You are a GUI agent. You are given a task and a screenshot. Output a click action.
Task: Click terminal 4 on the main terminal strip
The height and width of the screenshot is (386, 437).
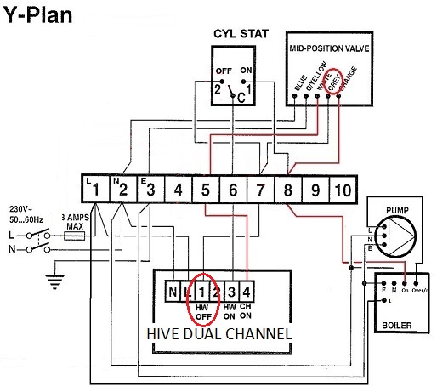[x=178, y=189]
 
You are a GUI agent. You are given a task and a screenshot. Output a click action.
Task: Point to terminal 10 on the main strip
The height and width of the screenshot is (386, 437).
[x=340, y=189]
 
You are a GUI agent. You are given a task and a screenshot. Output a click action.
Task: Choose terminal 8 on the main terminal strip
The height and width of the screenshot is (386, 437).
[x=287, y=189]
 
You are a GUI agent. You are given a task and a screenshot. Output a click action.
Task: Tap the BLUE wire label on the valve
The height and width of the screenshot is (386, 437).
[x=299, y=84]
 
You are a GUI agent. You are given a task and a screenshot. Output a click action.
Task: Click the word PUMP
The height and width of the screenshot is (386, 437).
[x=398, y=207]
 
